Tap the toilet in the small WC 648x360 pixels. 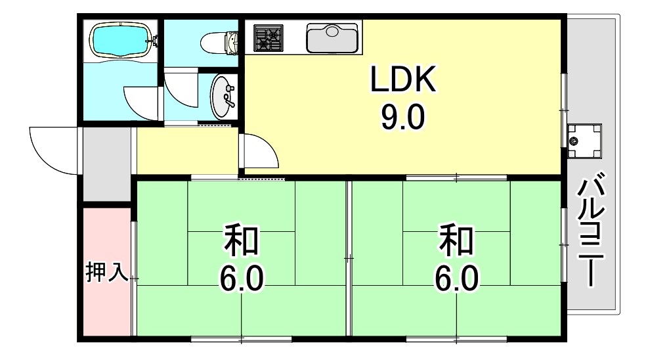coord(216,43)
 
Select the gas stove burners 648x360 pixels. coord(268,37)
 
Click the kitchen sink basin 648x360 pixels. coord(332,38)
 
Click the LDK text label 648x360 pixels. coord(402,81)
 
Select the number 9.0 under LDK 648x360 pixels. coord(402,118)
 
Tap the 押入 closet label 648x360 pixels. coord(106,272)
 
